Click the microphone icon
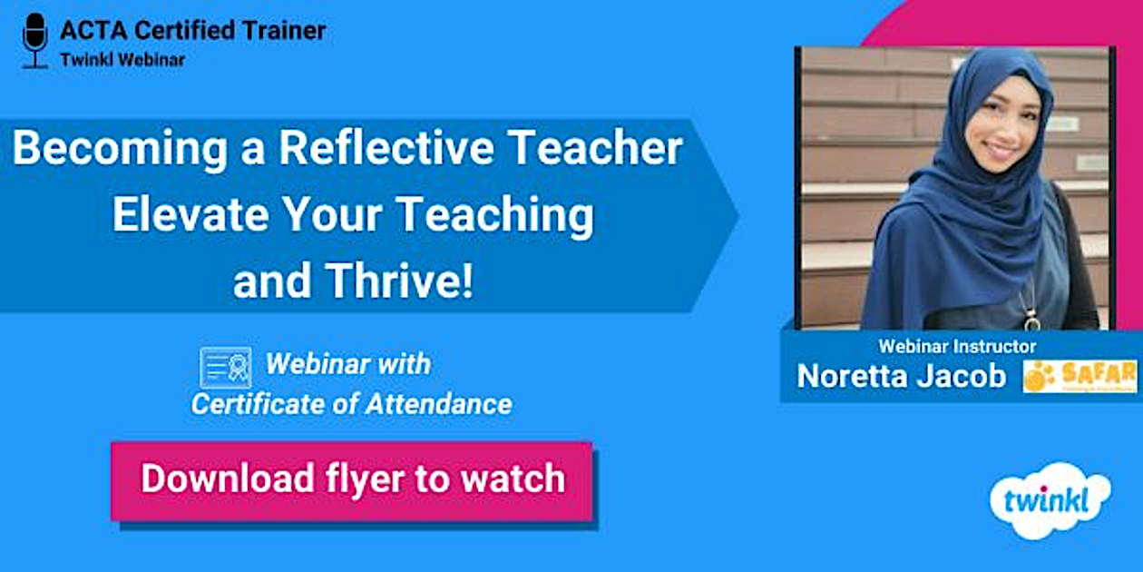35,39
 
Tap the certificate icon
225,368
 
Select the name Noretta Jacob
901,376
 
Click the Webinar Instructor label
957,346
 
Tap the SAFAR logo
1079,376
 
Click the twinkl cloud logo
1050,500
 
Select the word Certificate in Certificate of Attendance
245,404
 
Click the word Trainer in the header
281,30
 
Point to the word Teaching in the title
495,215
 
